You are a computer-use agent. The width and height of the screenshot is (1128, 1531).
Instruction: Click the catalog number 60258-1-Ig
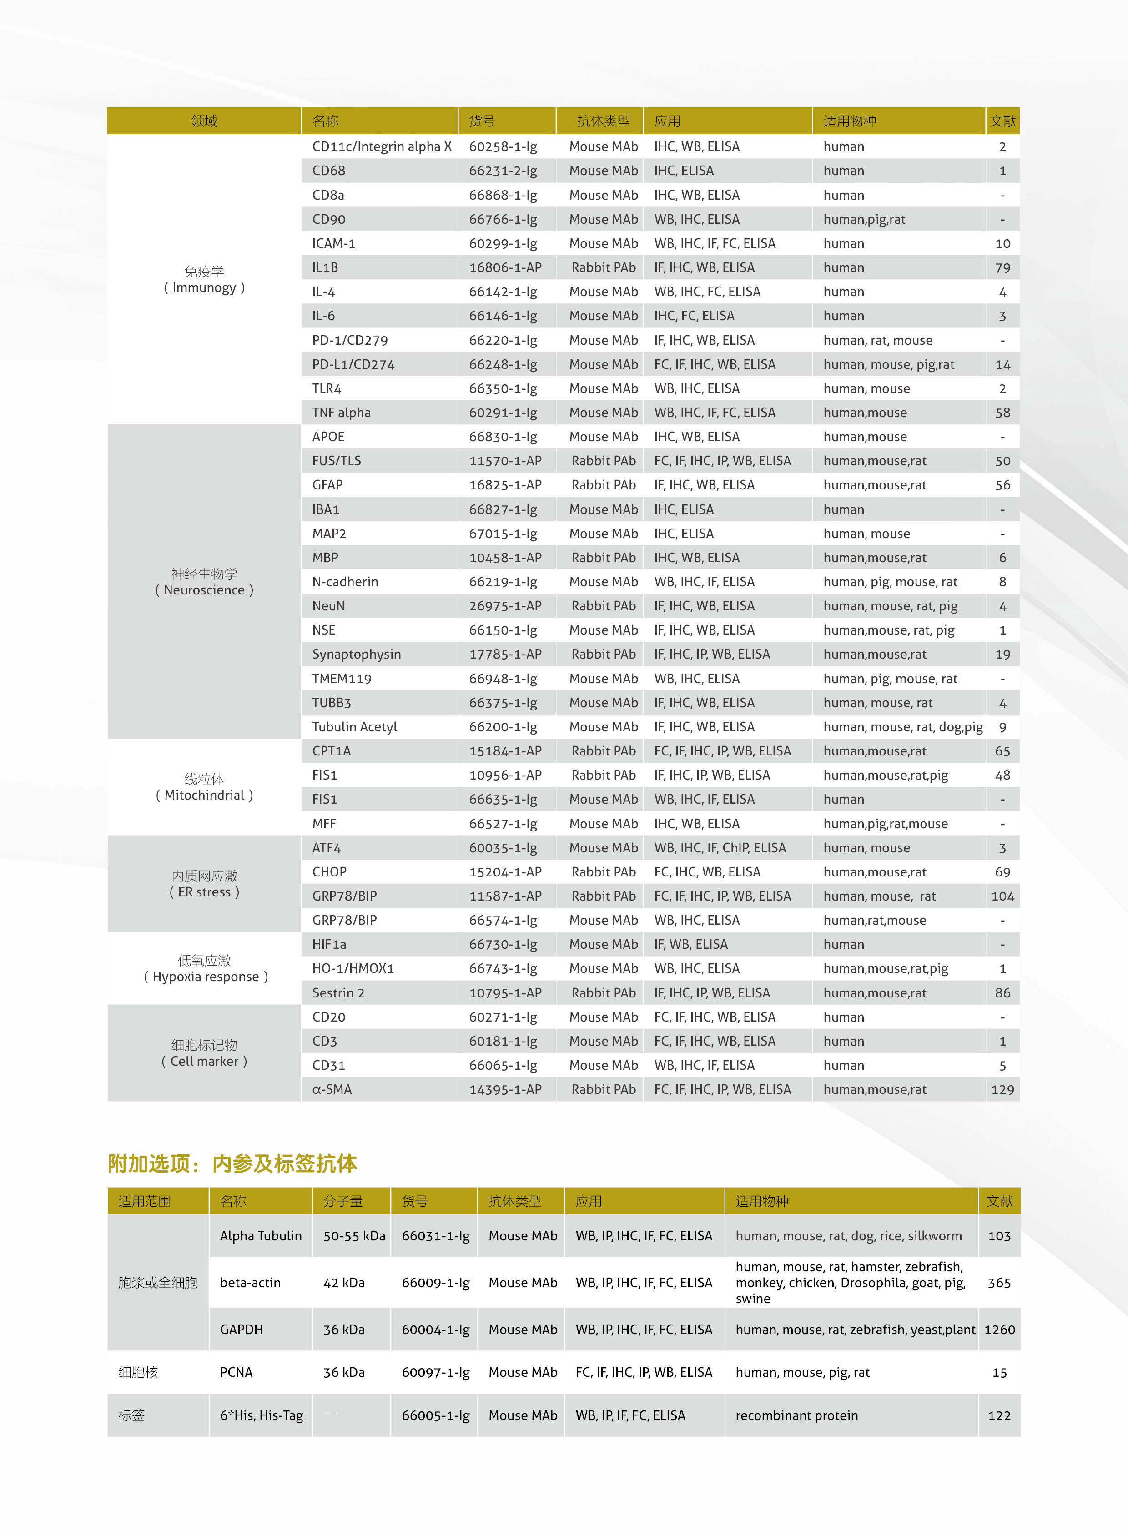pyautogui.click(x=503, y=147)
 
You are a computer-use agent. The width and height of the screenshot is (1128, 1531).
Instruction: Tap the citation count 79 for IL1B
pyautogui.click(x=1002, y=268)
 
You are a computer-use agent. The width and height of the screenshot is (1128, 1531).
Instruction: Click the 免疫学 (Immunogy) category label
pyautogui.click(x=204, y=279)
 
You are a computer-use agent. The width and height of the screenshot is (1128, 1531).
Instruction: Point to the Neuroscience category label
pyautogui.click(x=204, y=582)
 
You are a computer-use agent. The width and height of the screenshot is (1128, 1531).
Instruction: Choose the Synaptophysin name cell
pyautogui.click(x=357, y=654)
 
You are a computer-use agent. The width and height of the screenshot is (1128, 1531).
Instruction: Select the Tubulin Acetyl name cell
pyautogui.click(x=354, y=726)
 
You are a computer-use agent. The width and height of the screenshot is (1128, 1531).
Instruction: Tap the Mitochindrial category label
pyautogui.click(x=204, y=787)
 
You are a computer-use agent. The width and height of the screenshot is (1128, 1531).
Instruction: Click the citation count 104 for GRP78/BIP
pyautogui.click(x=1002, y=896)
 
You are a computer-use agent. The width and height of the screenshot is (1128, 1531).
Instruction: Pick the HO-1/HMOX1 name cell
pyautogui.click(x=353, y=968)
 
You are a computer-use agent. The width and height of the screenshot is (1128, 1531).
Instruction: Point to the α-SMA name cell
pyautogui.click(x=332, y=1089)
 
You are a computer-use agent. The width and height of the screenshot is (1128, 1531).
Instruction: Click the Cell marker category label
pyautogui.click(x=204, y=1053)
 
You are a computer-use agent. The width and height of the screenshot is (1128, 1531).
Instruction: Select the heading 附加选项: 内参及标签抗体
pyautogui.click(x=232, y=1163)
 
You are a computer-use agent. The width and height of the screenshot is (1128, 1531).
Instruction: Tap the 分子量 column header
pyautogui.click(x=343, y=1201)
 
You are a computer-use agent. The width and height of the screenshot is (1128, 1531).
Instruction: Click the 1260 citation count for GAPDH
pyautogui.click(x=999, y=1330)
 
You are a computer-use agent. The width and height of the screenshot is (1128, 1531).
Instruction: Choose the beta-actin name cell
pyautogui.click(x=250, y=1283)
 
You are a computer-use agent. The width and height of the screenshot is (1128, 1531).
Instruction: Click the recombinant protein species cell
pyautogui.click(x=796, y=1415)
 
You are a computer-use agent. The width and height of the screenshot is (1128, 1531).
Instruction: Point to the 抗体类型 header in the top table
pyautogui.click(x=603, y=121)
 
